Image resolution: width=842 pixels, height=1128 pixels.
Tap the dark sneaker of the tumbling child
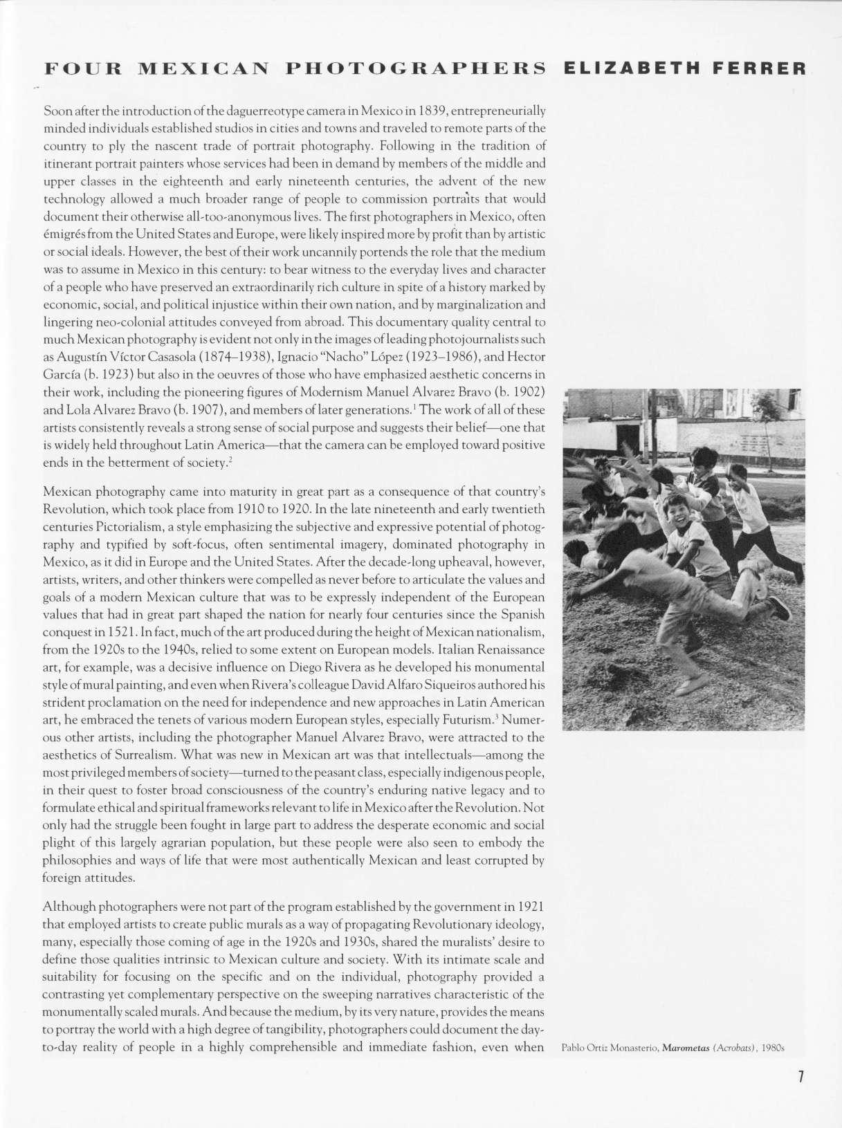coord(780,609)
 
